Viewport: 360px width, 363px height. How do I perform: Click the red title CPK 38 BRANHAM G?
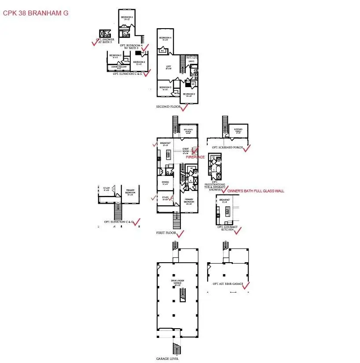pyautogui.click(x=36, y=13)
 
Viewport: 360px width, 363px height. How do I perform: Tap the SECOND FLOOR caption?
pyautogui.click(x=168, y=107)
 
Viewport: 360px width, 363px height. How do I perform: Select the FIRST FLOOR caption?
pyautogui.click(x=167, y=232)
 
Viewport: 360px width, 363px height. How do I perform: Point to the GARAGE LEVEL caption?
pyautogui.click(x=168, y=359)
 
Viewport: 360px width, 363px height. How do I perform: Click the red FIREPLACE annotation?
pyautogui.click(x=195, y=157)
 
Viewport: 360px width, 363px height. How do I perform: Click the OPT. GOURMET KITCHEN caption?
pyautogui.click(x=227, y=229)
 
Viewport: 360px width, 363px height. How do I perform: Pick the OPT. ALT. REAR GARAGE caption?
pyautogui.click(x=228, y=284)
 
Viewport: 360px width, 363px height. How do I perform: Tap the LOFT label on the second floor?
pyautogui.click(x=168, y=67)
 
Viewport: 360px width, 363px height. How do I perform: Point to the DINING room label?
pyautogui.click(x=165, y=182)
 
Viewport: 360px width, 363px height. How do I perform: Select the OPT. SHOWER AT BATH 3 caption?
pyautogui.click(x=105, y=41)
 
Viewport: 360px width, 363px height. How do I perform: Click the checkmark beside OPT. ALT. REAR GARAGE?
pyautogui.click(x=246, y=286)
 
